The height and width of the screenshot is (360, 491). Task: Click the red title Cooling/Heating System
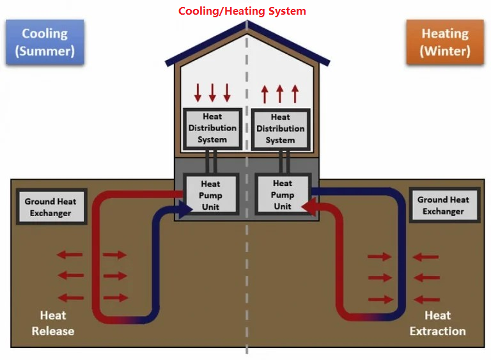pos(242,12)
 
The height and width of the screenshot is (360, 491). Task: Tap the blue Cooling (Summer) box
pos(45,42)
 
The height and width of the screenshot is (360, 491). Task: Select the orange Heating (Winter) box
pos(445,42)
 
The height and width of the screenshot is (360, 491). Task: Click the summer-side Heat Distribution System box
pos(213,129)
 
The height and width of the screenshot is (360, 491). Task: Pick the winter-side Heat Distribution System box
pos(281,129)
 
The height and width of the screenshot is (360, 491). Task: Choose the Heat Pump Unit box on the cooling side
pos(211,195)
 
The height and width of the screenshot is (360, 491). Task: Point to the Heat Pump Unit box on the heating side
pos(283,194)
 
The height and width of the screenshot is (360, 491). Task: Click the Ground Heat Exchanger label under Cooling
pos(51,207)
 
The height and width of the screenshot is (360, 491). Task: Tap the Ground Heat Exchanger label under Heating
pos(444,205)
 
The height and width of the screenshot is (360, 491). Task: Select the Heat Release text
pos(53,323)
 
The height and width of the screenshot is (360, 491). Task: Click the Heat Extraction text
pos(438,323)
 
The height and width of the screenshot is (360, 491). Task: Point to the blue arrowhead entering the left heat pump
pos(185,209)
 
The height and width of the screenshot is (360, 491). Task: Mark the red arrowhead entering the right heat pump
pos(309,207)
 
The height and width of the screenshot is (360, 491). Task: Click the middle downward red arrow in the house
pos(212,93)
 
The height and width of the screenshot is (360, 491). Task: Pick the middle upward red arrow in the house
pos(280,94)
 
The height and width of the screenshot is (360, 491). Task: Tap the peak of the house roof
pos(247,21)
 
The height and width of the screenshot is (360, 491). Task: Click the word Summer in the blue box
pos(45,51)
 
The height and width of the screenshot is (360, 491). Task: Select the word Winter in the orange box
pos(445,51)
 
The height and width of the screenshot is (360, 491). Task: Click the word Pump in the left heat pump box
pos(210,196)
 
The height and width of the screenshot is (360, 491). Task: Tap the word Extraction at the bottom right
pos(438,331)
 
